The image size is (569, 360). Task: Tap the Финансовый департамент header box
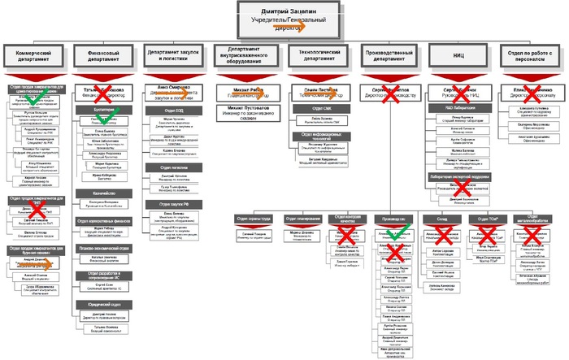[102, 59]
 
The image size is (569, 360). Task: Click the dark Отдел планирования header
[300, 219]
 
